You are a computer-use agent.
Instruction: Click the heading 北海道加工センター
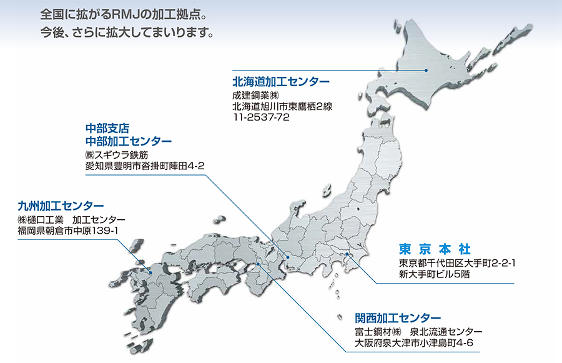281,82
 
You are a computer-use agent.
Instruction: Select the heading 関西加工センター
398,317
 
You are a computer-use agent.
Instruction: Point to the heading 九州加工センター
61,206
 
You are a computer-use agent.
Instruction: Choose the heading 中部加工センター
129,141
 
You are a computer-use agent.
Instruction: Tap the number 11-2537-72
260,117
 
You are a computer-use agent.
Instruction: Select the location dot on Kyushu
151,271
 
